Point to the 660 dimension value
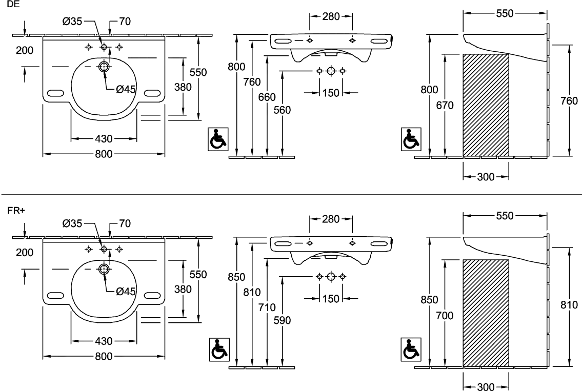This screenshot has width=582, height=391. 267,96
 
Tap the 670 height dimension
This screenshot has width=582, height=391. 445,105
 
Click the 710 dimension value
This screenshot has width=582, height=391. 267,307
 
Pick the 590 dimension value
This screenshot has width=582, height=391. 283,320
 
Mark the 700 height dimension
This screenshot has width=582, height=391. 445,316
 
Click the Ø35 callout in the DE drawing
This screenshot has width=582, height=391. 72,22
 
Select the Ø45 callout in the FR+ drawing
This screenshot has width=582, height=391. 126,291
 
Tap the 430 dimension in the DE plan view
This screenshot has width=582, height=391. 104,138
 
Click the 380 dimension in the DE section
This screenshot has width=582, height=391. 183,87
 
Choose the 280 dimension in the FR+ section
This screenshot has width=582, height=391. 330,219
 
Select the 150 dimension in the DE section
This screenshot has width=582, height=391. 332,93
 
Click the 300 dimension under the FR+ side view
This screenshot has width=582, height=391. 485,386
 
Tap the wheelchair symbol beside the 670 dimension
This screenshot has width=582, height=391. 411,139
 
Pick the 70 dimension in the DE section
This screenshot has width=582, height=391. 125,22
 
